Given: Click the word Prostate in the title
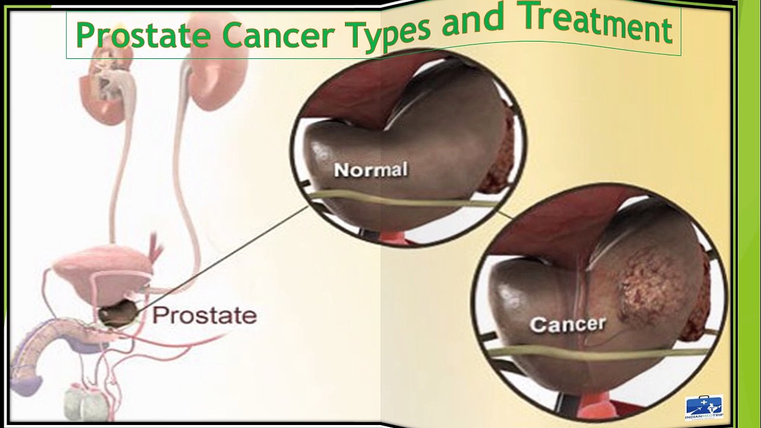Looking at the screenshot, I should point(143,35).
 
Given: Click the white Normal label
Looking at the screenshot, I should point(370,170).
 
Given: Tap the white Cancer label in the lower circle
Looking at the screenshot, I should point(567,325).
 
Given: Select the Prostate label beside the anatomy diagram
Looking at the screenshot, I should point(205,316).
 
